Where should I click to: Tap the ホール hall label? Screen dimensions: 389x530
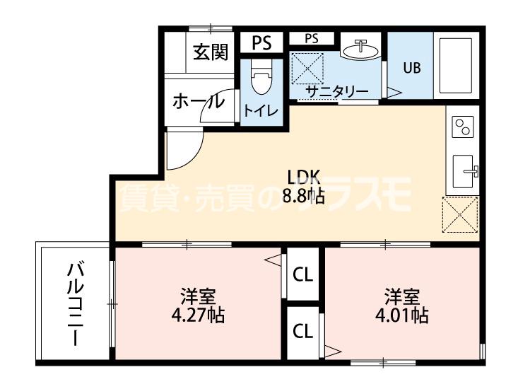point(199,101)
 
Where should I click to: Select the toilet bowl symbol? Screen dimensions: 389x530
point(261,79)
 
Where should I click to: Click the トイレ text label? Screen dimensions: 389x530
point(261,111)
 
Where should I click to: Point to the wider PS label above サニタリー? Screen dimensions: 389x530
point(312,39)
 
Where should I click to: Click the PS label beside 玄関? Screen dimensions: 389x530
point(261,42)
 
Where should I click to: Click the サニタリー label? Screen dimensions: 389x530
point(336,91)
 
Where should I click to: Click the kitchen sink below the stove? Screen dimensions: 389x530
point(464,170)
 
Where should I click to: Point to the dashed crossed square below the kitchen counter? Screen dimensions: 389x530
point(460,215)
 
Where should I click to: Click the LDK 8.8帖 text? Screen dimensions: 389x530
point(303,186)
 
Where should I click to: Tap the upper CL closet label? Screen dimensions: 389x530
point(303,273)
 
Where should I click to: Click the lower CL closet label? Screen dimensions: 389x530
point(303,330)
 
